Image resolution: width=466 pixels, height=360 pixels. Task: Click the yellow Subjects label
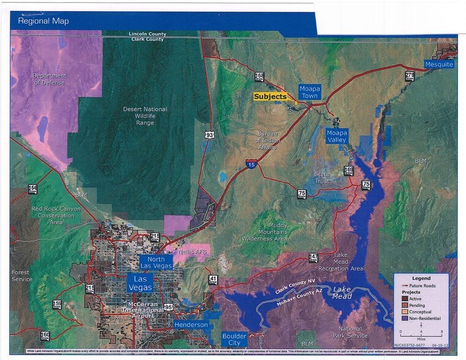pos(270,96)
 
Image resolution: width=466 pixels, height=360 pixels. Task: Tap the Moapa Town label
pos(310,92)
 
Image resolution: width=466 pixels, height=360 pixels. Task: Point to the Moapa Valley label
pos(336,136)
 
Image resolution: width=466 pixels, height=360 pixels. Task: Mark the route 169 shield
pos(348,170)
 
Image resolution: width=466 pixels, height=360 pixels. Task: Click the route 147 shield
pos(313,257)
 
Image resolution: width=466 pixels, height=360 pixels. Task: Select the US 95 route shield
pos(168,306)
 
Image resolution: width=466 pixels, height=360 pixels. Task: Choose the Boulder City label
pos(235,339)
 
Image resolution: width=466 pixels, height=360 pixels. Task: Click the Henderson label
pos(191,324)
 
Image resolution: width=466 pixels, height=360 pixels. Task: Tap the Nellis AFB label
pos(191,252)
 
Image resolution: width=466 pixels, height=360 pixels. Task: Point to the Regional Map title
pos(43,21)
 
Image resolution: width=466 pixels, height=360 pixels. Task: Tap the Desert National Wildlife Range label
pos(145,116)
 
